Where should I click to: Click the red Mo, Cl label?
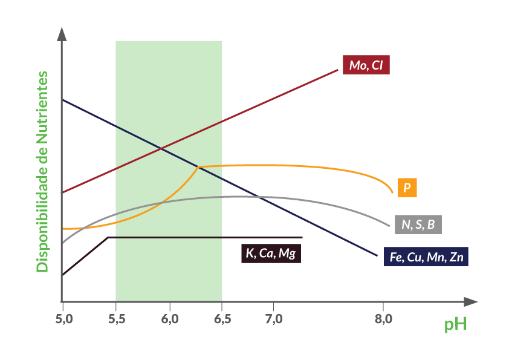[x=366, y=65]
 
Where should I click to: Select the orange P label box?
[x=407, y=188]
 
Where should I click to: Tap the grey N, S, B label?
[x=418, y=224]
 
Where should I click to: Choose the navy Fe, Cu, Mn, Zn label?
[x=426, y=257]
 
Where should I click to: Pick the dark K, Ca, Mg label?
[x=271, y=253]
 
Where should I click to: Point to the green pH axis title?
[x=455, y=325]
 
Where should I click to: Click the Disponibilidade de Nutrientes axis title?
[x=42, y=172]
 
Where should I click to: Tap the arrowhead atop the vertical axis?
[x=62, y=34]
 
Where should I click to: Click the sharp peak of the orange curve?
[x=198, y=166]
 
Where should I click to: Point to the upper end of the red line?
[x=337, y=70]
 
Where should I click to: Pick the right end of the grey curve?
[x=389, y=226]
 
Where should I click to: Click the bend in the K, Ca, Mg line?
[x=108, y=238]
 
